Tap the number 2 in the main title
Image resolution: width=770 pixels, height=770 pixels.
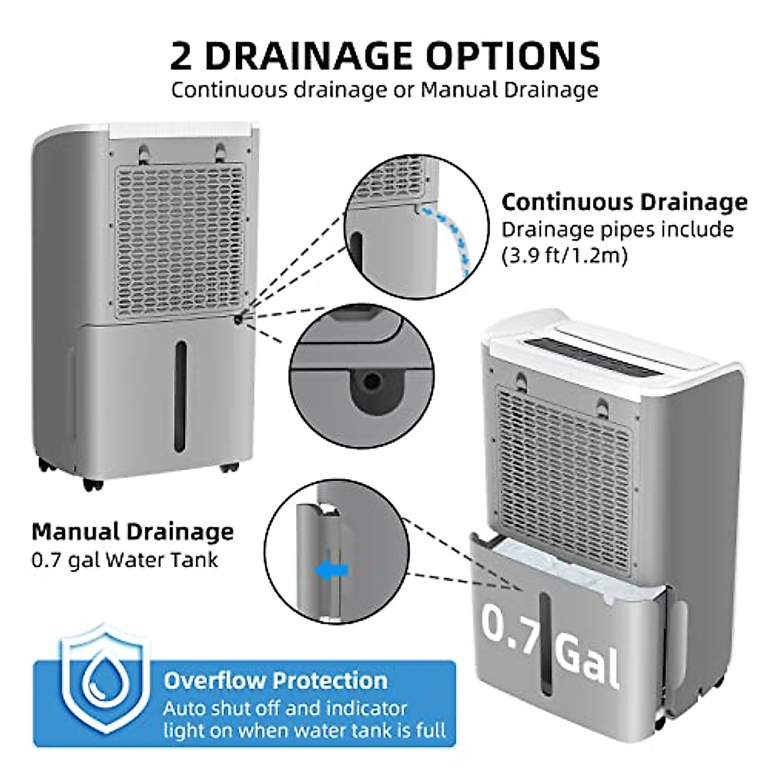182,56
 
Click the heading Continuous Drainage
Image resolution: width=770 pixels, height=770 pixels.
624,202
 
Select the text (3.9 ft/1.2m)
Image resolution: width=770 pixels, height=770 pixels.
564,256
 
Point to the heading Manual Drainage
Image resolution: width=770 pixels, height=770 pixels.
133,532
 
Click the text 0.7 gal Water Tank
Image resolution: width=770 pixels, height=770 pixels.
124,560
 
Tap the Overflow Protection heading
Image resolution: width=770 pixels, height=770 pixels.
275,680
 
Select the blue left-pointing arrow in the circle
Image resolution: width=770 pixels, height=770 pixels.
334,569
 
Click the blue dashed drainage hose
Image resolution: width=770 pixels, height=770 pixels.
455,237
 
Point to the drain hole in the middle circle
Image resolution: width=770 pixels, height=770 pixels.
372,382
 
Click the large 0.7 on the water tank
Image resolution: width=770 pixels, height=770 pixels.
510,626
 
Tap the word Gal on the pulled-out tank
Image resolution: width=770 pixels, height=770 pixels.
587,658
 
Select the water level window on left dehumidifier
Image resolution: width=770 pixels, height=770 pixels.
181,396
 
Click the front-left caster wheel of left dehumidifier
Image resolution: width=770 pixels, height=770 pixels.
92,483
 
